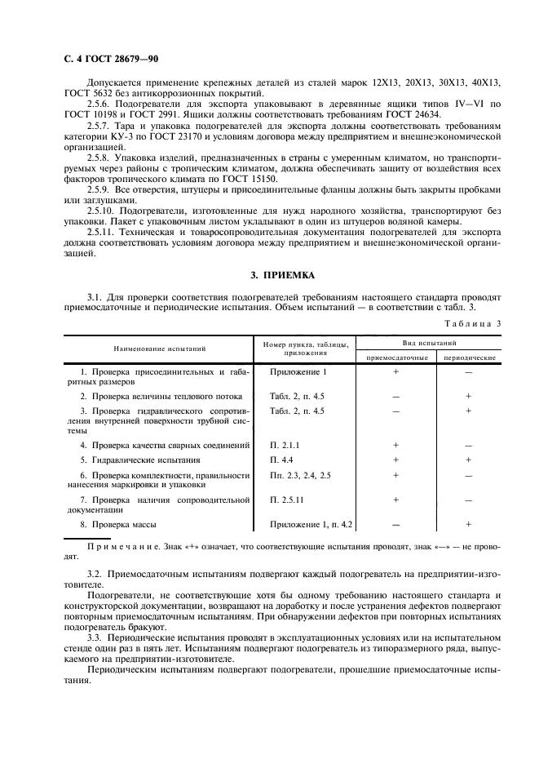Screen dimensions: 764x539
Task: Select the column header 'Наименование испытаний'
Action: (160, 349)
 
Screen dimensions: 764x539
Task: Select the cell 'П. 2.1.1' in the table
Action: (285, 445)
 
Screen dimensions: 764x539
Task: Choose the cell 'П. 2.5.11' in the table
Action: (288, 499)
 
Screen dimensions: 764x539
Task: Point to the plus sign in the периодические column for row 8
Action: (469, 523)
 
